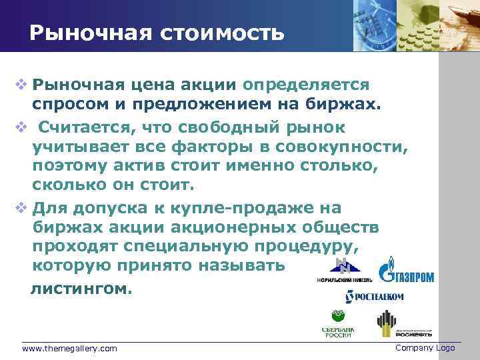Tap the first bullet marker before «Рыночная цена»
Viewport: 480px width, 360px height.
22,85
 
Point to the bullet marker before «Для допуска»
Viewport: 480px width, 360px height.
22,207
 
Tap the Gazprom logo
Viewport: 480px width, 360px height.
407,271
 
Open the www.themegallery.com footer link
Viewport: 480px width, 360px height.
69,349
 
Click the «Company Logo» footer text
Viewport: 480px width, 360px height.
425,348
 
